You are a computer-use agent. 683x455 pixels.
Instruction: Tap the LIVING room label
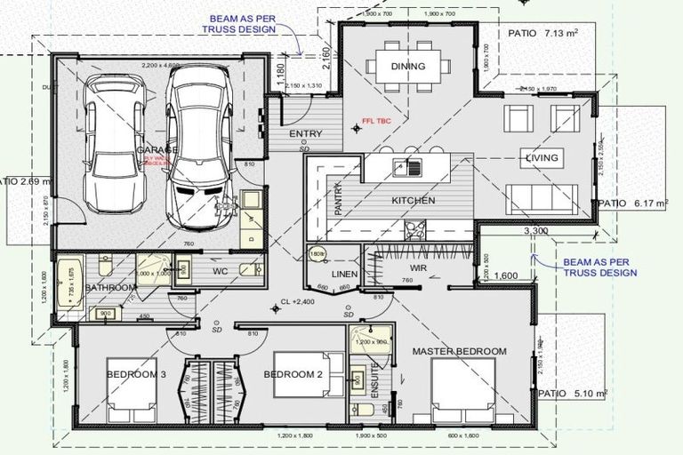[542, 158]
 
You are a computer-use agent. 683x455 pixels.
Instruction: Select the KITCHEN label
[414, 201]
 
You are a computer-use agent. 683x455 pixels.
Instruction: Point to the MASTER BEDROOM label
[459, 351]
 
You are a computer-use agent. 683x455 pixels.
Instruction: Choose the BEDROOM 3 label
[136, 375]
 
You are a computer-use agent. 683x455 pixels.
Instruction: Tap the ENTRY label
[306, 134]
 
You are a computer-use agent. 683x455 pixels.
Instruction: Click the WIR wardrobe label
[420, 267]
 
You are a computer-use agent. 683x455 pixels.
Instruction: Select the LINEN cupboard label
[344, 275]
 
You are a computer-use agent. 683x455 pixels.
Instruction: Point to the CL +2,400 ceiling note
[298, 302]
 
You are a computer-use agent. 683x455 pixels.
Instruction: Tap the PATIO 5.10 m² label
[572, 392]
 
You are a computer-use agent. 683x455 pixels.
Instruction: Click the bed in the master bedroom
[462, 392]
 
